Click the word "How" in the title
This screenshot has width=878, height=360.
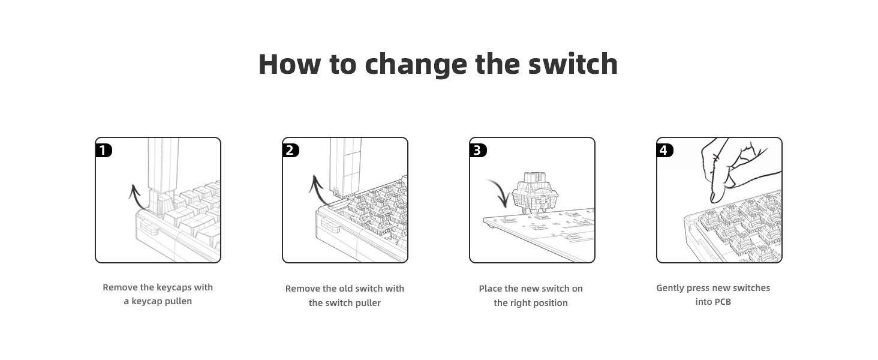coord(288,64)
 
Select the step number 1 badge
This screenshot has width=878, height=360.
coord(104,150)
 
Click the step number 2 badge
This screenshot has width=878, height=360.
coord(291,150)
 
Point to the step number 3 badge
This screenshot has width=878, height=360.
coord(478,150)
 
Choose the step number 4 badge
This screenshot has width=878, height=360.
coord(665,150)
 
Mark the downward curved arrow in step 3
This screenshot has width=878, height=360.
coord(499,192)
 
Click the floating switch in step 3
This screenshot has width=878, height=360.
coord(534,191)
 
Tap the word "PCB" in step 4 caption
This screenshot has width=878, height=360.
coord(722,302)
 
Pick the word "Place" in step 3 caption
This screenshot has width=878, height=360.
coord(491,289)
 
